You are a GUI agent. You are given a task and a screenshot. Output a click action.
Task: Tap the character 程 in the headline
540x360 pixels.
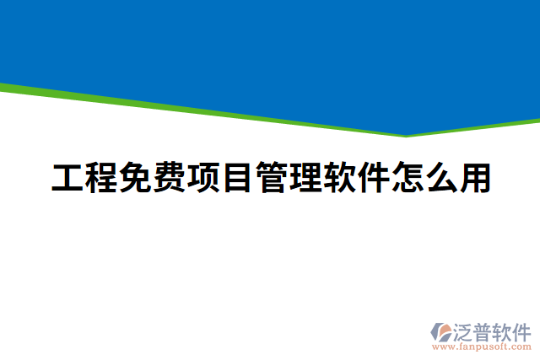click(101, 178)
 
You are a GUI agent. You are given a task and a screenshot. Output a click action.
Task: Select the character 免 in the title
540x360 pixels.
click(135, 178)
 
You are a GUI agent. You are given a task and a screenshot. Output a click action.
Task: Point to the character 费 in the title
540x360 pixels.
click(169, 178)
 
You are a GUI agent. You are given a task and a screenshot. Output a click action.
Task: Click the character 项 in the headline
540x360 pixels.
click(202, 178)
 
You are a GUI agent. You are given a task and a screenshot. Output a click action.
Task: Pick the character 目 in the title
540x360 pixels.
click(236, 178)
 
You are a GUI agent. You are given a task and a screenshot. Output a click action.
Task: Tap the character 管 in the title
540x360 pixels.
click(270, 178)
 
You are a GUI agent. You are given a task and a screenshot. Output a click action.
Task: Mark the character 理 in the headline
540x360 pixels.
click(304, 178)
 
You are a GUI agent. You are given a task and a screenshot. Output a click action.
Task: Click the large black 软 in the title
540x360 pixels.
click(337, 178)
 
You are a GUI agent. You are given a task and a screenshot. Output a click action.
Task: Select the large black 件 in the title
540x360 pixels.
click(371, 178)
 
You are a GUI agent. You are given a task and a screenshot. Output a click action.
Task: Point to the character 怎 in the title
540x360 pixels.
click(405, 178)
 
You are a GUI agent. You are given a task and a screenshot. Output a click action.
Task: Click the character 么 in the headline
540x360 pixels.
click(439, 178)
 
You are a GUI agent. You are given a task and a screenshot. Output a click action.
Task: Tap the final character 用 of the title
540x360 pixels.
click(472, 178)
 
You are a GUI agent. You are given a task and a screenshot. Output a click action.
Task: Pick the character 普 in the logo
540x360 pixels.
click(485, 330)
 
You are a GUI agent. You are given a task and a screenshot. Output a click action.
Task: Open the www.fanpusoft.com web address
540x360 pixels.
click(482, 347)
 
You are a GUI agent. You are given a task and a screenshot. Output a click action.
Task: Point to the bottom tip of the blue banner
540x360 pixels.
click(406, 134)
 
